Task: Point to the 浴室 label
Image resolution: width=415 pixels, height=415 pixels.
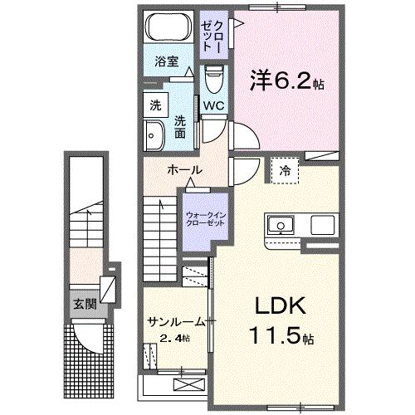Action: click(x=167, y=61)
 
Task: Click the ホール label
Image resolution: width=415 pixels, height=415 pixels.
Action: click(x=183, y=169)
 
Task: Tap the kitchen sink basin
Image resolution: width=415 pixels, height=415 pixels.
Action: click(x=280, y=225)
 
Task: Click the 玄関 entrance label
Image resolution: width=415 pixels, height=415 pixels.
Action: click(x=85, y=304)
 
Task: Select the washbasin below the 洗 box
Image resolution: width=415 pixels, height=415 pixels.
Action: click(x=154, y=134)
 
